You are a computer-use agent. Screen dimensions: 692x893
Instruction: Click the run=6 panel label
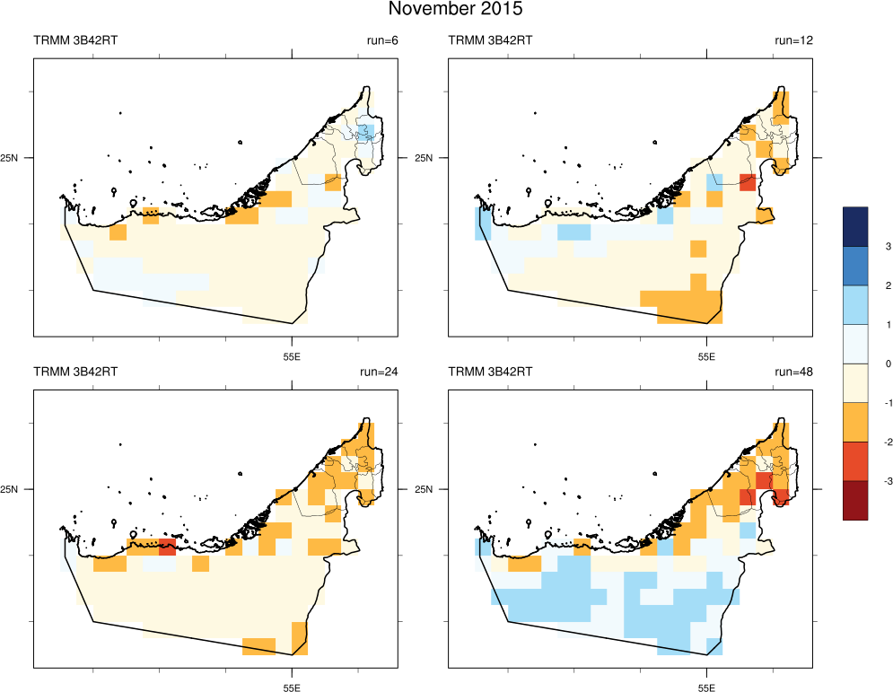point(382,39)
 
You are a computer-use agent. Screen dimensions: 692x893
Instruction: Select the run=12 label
point(793,39)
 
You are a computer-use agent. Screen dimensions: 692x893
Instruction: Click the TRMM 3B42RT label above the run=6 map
point(75,39)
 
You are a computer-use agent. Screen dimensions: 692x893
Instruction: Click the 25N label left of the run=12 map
point(433,158)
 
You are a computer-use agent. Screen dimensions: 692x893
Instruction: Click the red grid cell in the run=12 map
point(747,182)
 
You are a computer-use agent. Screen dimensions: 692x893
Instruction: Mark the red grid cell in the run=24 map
point(167,547)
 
